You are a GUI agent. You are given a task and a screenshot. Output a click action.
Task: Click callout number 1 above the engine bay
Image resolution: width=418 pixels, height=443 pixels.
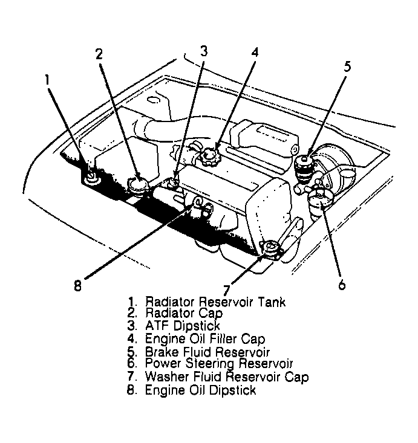48,79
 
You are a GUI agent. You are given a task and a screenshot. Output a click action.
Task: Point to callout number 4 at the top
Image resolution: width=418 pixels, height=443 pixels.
255,53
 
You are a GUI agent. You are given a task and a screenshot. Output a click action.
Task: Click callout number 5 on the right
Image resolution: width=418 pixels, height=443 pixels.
347,67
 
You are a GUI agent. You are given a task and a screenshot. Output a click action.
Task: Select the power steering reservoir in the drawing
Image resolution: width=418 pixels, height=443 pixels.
319,199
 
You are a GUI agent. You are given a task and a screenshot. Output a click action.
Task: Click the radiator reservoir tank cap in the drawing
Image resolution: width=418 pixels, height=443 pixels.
92,176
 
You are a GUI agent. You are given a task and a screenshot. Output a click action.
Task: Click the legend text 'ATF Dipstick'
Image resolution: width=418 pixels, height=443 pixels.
174,326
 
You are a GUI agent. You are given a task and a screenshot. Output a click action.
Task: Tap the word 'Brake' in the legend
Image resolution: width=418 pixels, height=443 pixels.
161,352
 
